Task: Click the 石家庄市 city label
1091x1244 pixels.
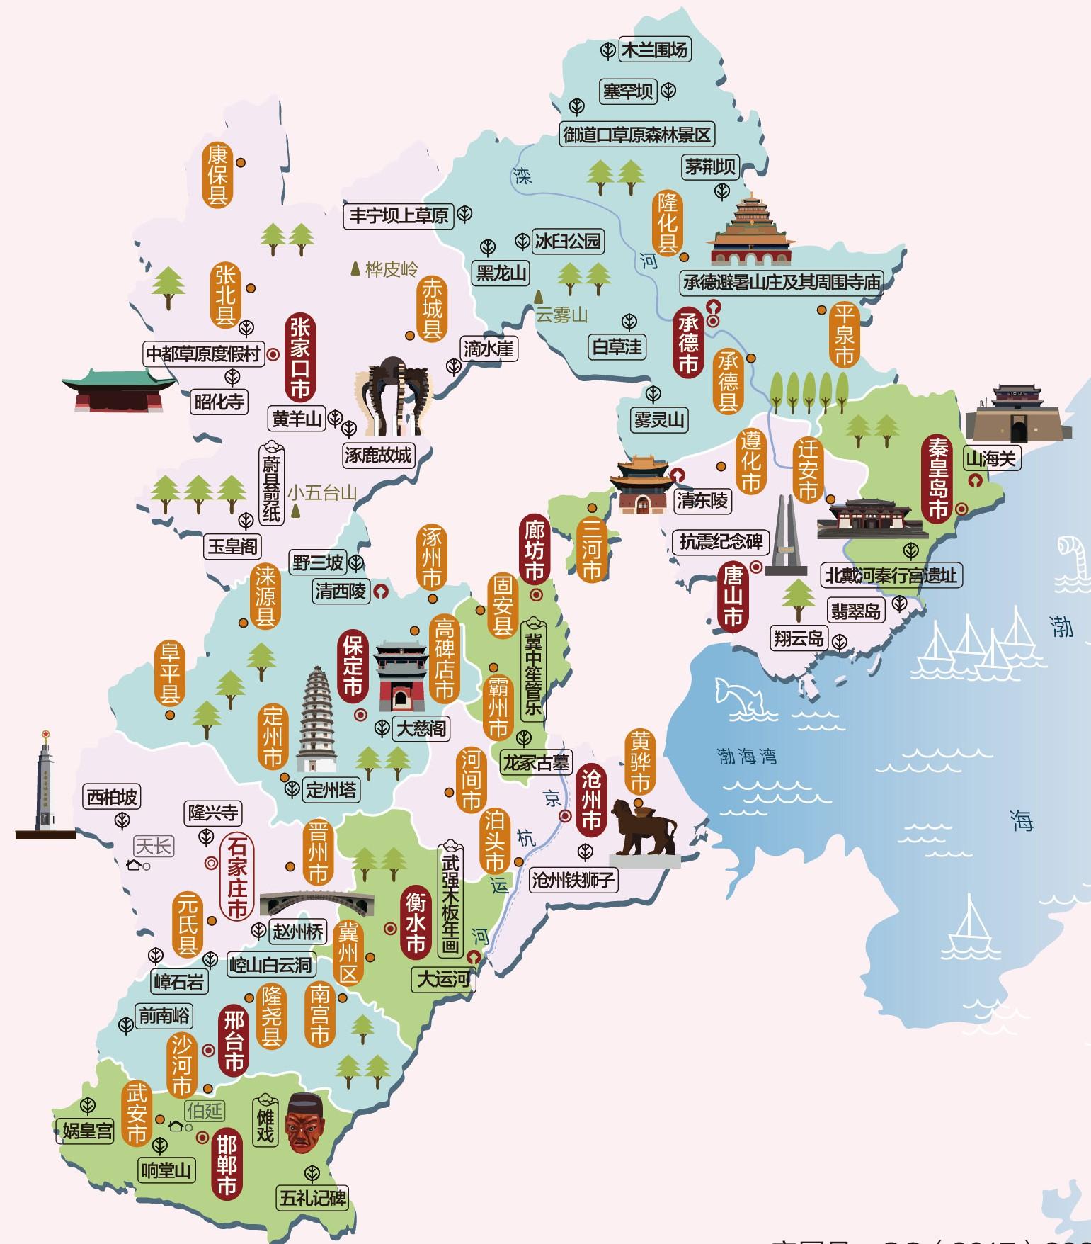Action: (236, 876)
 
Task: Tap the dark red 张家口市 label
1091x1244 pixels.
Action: (300, 358)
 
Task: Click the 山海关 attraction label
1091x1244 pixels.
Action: (991, 458)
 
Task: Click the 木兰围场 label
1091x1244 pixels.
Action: (653, 50)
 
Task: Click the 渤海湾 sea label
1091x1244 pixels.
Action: (747, 756)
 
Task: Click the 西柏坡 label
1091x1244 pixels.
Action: (112, 797)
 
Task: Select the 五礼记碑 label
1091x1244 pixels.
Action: (312, 1197)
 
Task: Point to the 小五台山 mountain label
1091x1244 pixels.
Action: (322, 492)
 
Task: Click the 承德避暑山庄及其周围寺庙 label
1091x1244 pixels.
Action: (782, 282)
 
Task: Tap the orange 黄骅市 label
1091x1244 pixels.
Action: (640, 762)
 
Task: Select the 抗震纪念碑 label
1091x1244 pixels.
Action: (721, 542)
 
